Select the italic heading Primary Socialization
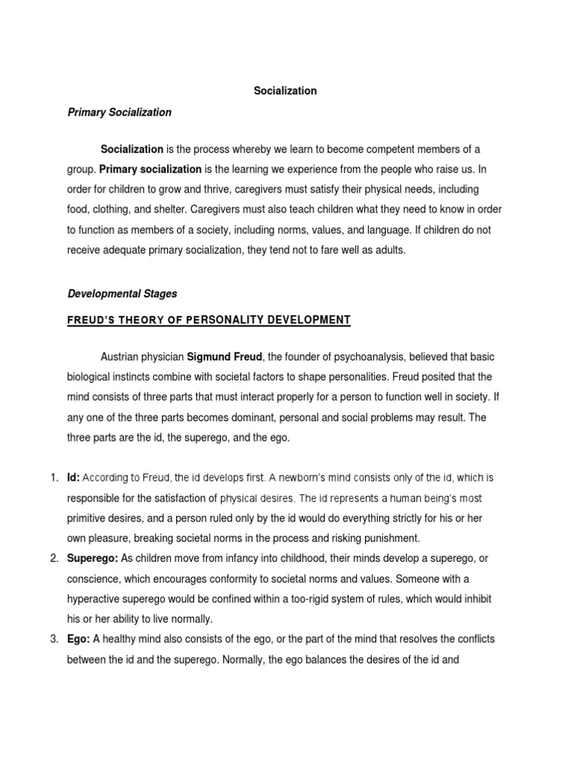[120, 112]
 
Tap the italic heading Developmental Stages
[123, 294]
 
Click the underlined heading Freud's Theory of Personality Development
[209, 320]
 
